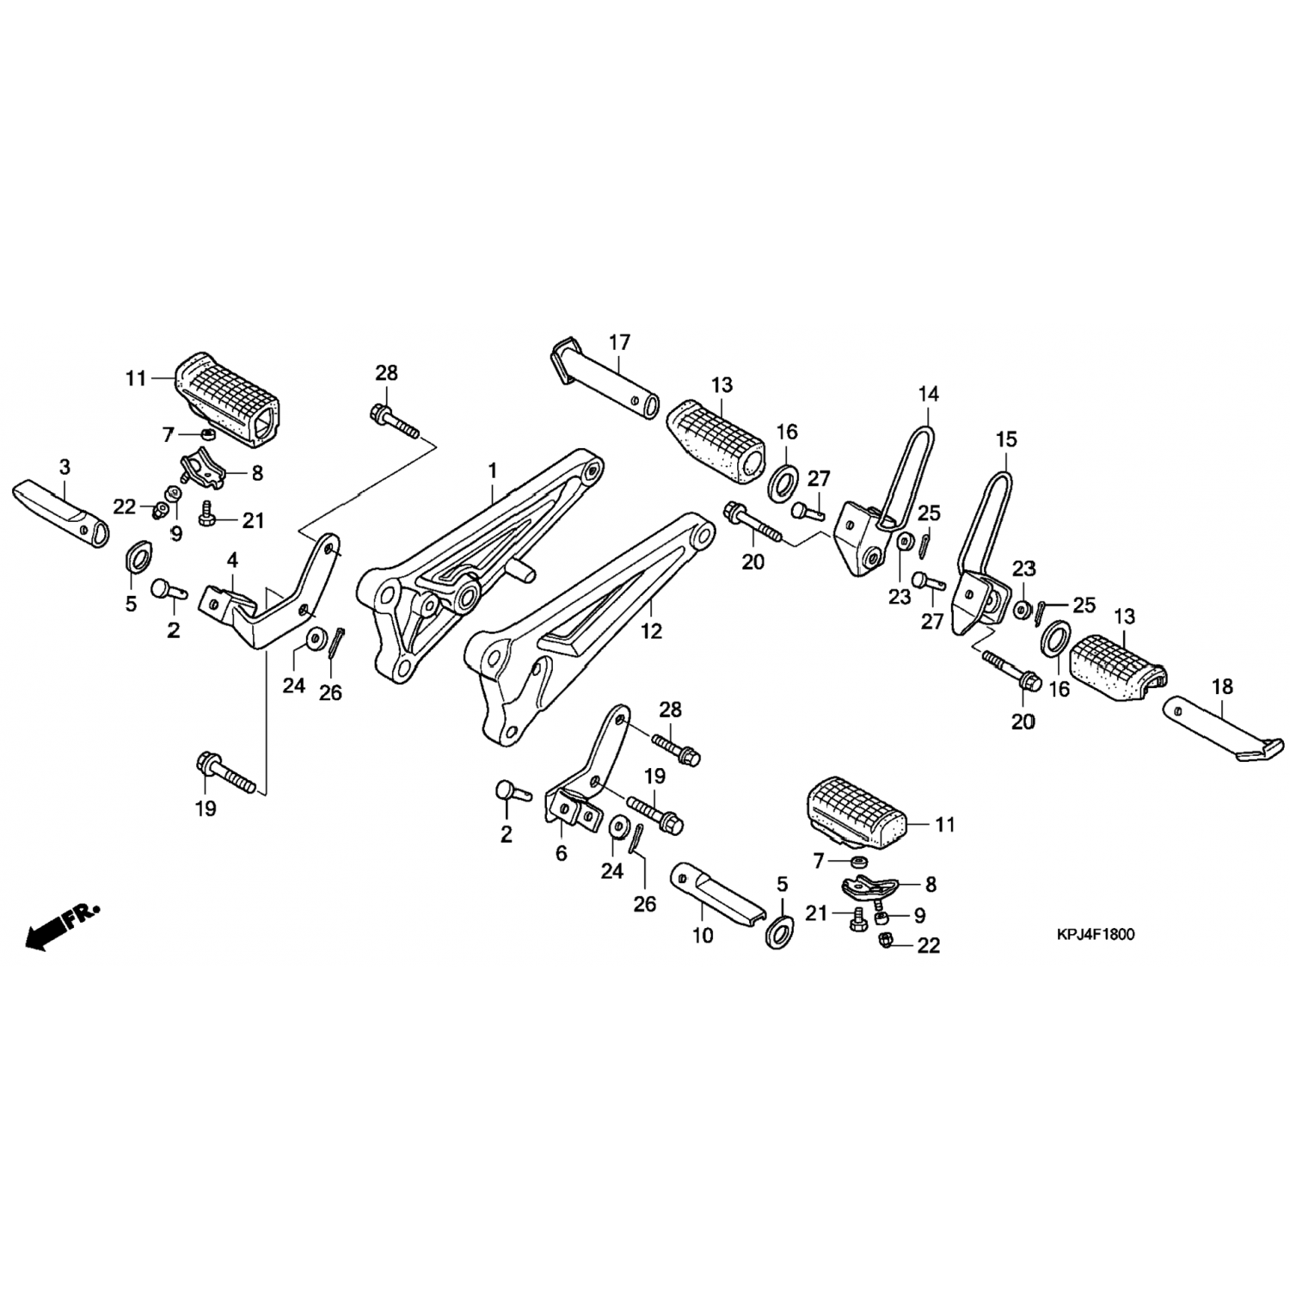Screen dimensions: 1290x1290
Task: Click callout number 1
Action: point(493,471)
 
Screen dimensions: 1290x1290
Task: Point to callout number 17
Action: point(619,342)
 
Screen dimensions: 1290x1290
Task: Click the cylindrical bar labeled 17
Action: point(605,376)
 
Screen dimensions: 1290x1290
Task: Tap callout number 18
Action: point(1222,687)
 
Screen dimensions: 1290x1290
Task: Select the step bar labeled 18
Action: point(1221,728)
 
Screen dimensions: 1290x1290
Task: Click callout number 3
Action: point(65,467)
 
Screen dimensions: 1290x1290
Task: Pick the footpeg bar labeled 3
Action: point(61,513)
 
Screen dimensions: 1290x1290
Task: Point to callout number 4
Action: point(232,560)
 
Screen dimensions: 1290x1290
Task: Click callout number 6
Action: point(562,854)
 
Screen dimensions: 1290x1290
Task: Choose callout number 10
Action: point(703,935)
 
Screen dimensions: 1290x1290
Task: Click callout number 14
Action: point(929,395)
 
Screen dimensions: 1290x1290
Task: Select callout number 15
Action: point(1006,439)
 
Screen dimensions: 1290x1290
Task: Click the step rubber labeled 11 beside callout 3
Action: point(228,402)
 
